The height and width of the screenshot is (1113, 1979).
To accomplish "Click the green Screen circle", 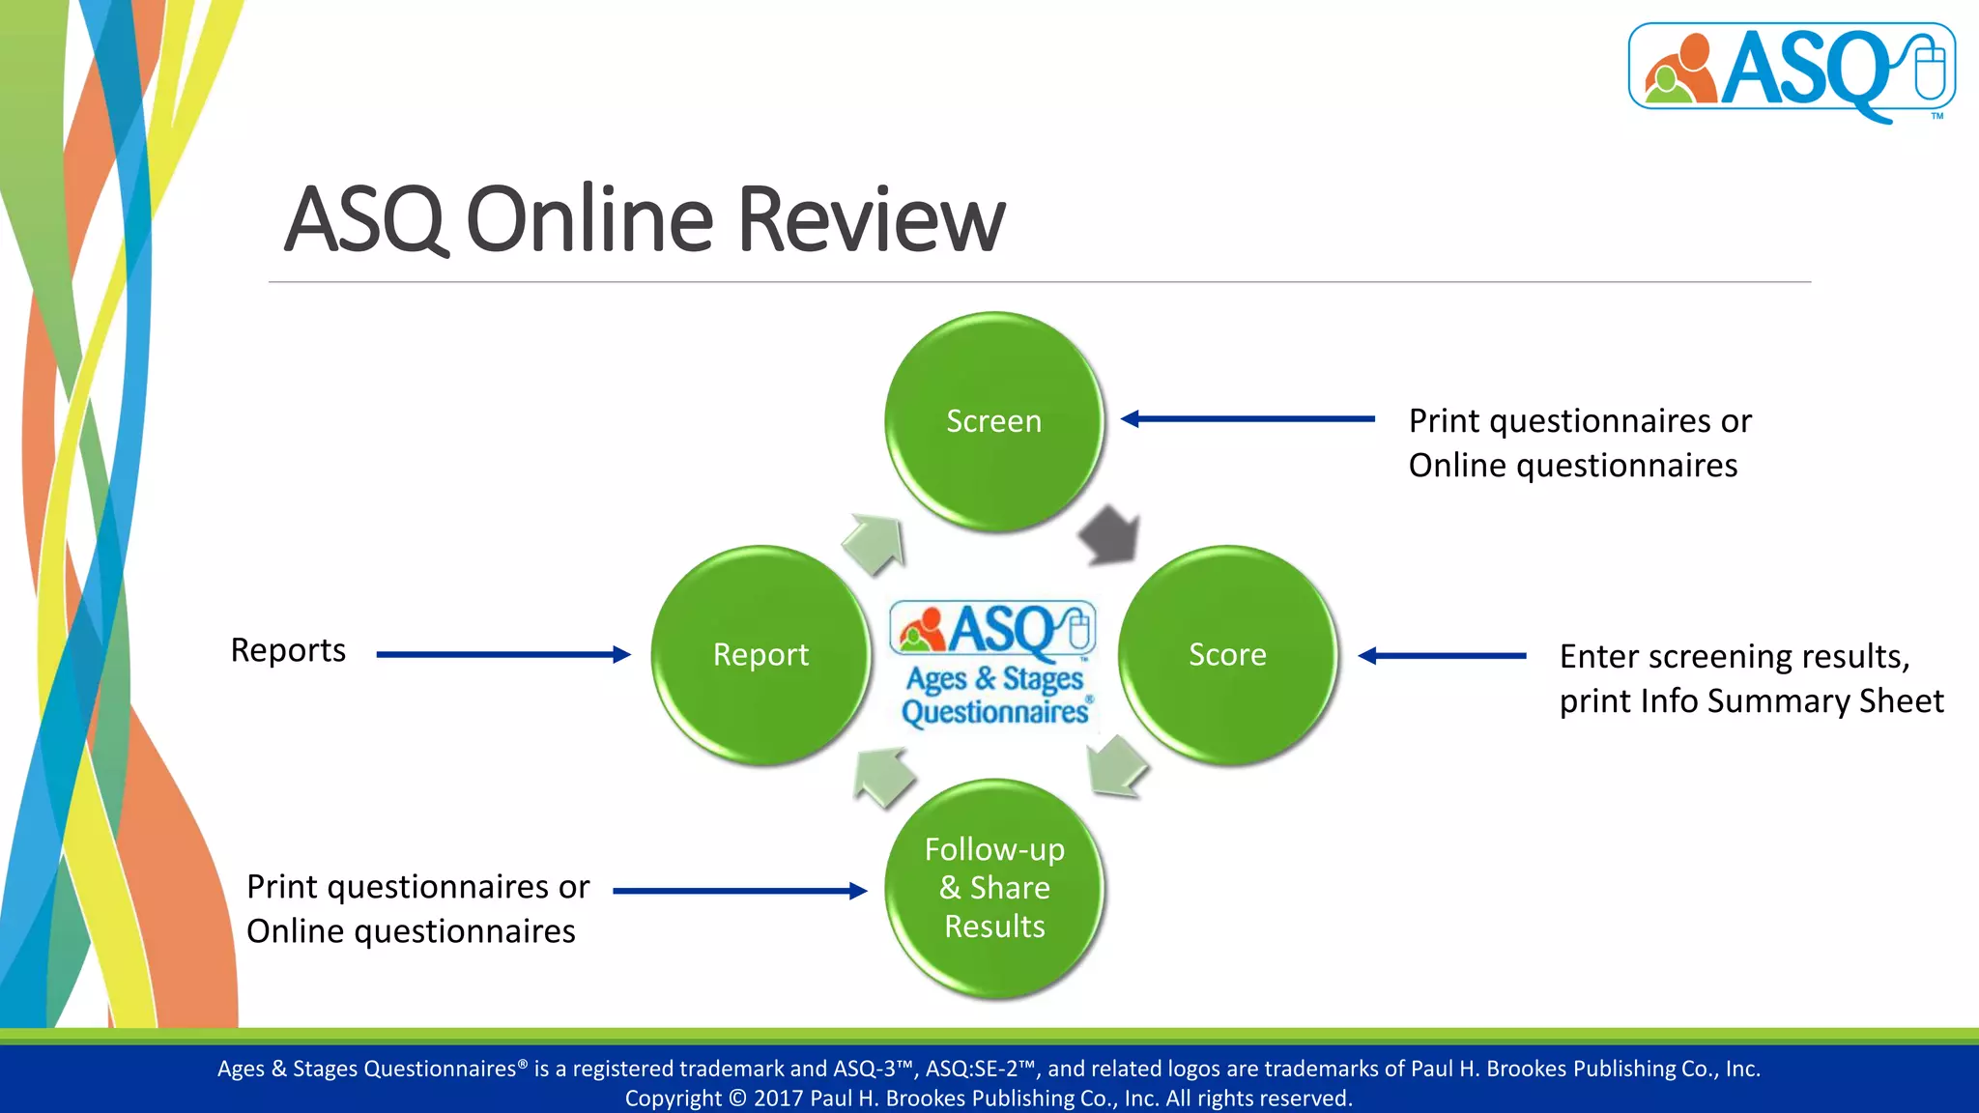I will tap(993, 421).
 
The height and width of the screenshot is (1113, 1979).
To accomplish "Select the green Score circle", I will tap(1227, 655).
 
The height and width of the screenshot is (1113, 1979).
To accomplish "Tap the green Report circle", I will tap(760, 655).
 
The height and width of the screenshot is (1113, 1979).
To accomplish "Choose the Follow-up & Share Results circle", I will tap(994, 888).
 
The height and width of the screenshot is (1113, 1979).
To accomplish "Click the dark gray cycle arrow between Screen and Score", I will tap(1109, 535).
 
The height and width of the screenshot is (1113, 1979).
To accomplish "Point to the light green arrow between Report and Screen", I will tap(875, 544).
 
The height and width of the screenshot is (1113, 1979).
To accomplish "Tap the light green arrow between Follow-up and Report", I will tap(884, 776).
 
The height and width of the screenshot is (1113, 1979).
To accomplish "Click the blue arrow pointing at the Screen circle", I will tap(1247, 419).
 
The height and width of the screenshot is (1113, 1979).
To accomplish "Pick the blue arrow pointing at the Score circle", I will tap(1442, 656).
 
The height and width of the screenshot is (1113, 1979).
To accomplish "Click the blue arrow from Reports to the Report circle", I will tap(502, 655).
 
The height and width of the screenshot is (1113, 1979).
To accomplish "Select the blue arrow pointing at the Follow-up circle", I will tap(739, 891).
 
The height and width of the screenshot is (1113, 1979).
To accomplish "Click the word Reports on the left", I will tap(288, 650).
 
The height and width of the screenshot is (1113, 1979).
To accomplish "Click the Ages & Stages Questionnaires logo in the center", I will tap(993, 664).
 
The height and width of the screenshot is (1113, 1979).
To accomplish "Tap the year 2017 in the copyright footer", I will tap(778, 1099).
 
